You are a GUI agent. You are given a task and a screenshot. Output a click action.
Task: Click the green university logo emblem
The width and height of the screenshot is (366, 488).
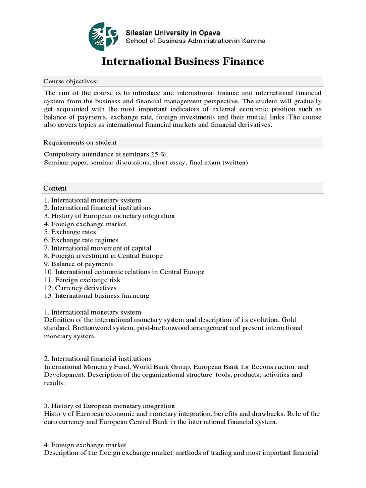tap(103, 37)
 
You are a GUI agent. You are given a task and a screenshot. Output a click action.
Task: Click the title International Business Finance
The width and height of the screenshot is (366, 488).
tap(183, 61)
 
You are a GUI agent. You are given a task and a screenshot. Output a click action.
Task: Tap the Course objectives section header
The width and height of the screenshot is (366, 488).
tap(71, 81)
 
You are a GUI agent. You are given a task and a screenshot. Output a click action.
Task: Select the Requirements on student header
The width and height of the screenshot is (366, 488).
tap(80, 142)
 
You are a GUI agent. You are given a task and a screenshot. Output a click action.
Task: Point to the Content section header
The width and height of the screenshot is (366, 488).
tap(55, 188)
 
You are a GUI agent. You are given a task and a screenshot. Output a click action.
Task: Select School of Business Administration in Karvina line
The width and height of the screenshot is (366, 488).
tap(195, 41)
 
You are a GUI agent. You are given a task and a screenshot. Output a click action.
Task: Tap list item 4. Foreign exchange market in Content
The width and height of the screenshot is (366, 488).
tap(85, 224)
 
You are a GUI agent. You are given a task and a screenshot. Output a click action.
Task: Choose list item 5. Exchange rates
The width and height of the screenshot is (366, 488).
tap(70, 232)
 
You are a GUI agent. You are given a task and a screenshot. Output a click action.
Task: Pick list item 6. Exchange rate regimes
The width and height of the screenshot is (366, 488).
tap(81, 240)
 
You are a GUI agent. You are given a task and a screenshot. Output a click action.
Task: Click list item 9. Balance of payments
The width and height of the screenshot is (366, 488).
tap(79, 264)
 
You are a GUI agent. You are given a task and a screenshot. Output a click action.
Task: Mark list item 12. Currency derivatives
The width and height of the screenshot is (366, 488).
tap(80, 288)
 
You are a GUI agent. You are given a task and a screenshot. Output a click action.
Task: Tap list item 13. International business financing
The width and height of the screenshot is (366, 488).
tap(96, 296)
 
